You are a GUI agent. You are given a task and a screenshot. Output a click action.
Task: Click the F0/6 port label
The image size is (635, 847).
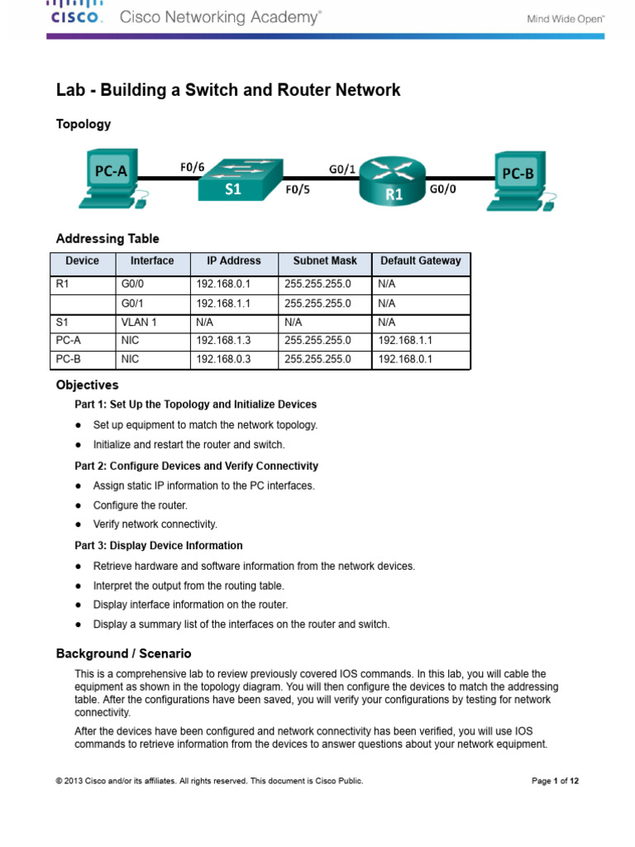click(x=192, y=167)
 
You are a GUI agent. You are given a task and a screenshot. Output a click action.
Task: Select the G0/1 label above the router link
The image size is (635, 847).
click(x=342, y=169)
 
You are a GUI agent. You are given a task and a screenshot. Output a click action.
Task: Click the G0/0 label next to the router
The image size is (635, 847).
click(x=442, y=189)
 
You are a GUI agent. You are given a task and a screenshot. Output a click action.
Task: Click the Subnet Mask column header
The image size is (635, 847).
click(x=325, y=261)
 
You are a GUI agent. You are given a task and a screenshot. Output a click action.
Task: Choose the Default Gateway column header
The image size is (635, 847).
click(x=420, y=261)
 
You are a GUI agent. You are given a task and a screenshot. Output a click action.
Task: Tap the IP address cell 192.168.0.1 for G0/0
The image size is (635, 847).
click(x=222, y=284)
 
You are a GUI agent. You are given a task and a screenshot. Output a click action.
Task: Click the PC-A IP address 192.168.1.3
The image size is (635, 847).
click(x=222, y=340)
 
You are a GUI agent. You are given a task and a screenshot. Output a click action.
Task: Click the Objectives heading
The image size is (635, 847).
click(x=87, y=385)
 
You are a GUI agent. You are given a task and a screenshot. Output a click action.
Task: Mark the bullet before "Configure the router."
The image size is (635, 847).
click(x=78, y=505)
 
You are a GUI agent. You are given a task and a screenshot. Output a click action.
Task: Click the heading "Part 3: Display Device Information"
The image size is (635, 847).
click(x=159, y=546)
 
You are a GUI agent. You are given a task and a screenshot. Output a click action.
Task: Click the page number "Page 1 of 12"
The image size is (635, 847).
click(x=554, y=781)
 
